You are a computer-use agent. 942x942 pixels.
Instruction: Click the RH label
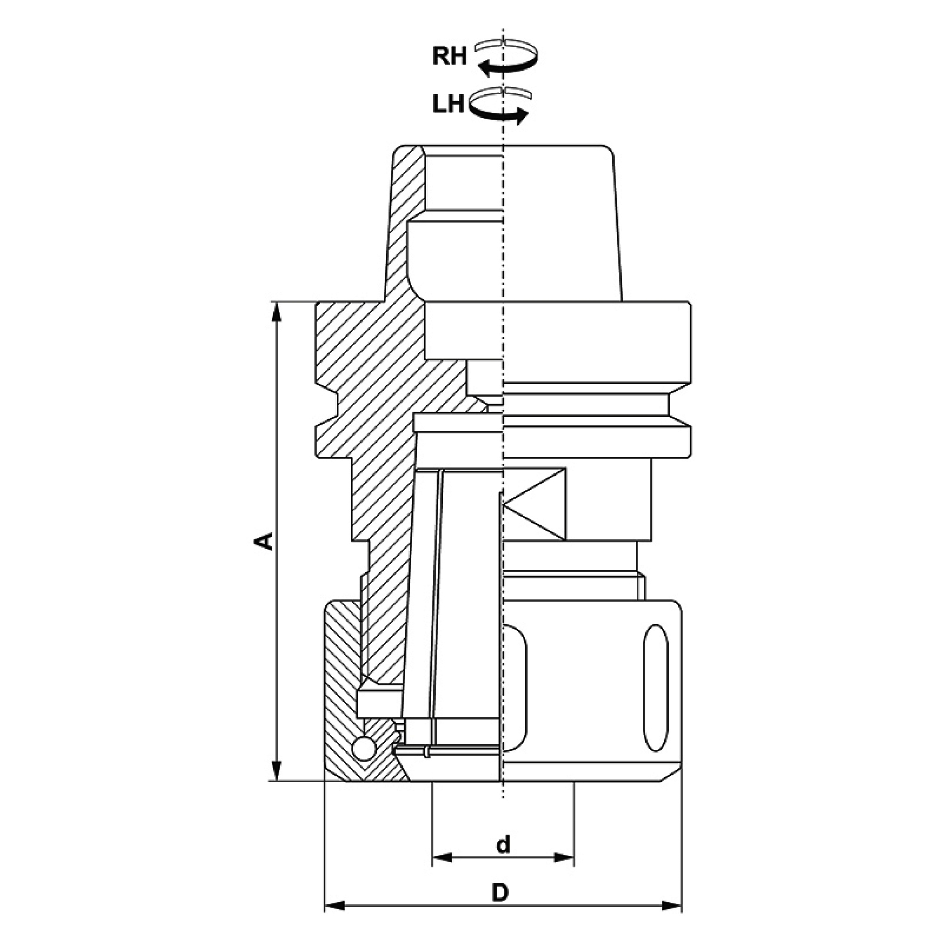(x=449, y=57)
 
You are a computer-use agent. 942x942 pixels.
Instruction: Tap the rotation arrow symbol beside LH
(x=499, y=106)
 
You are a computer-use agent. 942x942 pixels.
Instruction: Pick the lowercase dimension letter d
(x=503, y=845)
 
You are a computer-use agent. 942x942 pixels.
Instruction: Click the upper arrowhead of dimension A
(x=276, y=313)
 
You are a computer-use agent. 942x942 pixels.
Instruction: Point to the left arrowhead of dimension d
(x=442, y=858)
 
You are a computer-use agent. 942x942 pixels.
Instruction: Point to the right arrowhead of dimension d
(x=564, y=858)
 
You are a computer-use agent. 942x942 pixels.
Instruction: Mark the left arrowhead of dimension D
(x=335, y=906)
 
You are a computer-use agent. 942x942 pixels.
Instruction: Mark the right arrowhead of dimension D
(x=671, y=906)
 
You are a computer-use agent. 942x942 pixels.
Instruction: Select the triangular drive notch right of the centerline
(x=535, y=504)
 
